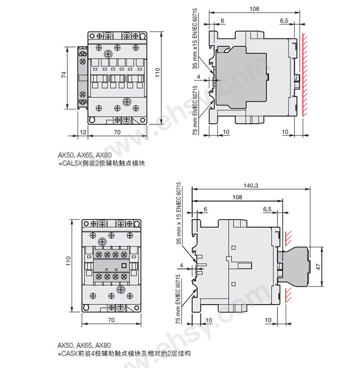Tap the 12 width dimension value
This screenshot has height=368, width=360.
pos(83,132)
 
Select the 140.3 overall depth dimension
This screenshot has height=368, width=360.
pos(251,185)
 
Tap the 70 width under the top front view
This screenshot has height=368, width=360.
pos(118,132)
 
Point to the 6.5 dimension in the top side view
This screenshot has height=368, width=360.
pos(284,21)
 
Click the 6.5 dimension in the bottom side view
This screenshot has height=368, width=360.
pos(267,209)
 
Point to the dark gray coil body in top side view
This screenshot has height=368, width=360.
pos(240,77)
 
